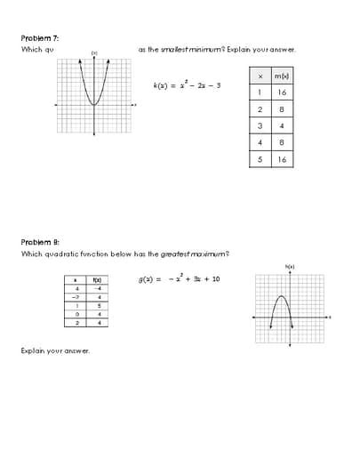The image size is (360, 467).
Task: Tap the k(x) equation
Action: point(187,85)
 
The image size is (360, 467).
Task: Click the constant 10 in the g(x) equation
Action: point(216,279)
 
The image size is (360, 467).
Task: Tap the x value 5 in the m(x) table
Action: point(260,160)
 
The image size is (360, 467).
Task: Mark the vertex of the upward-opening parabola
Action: point(94,105)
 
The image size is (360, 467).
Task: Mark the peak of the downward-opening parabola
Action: point(281,296)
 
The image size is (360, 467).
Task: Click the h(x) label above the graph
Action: point(290,267)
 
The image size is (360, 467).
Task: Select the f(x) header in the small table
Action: point(97,280)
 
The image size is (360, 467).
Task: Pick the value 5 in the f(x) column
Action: point(97,305)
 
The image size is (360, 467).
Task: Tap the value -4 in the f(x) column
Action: point(97,288)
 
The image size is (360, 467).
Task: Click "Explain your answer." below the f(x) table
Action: point(55,350)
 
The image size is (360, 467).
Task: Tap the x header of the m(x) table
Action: point(260,76)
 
